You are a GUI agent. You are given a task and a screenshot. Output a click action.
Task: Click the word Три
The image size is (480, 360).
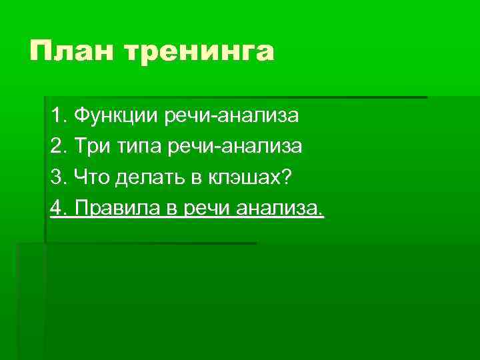point(89,147)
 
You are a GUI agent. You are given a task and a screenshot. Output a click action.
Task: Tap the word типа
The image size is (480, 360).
point(135,147)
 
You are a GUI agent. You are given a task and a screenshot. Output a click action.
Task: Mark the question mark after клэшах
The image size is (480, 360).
point(287,177)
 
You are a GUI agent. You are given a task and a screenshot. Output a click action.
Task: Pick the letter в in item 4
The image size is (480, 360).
point(170,209)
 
